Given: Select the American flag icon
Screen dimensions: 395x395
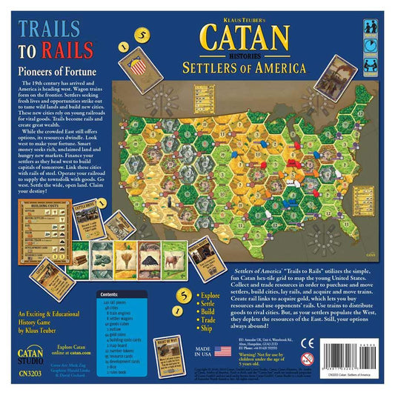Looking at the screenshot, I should (223, 351).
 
